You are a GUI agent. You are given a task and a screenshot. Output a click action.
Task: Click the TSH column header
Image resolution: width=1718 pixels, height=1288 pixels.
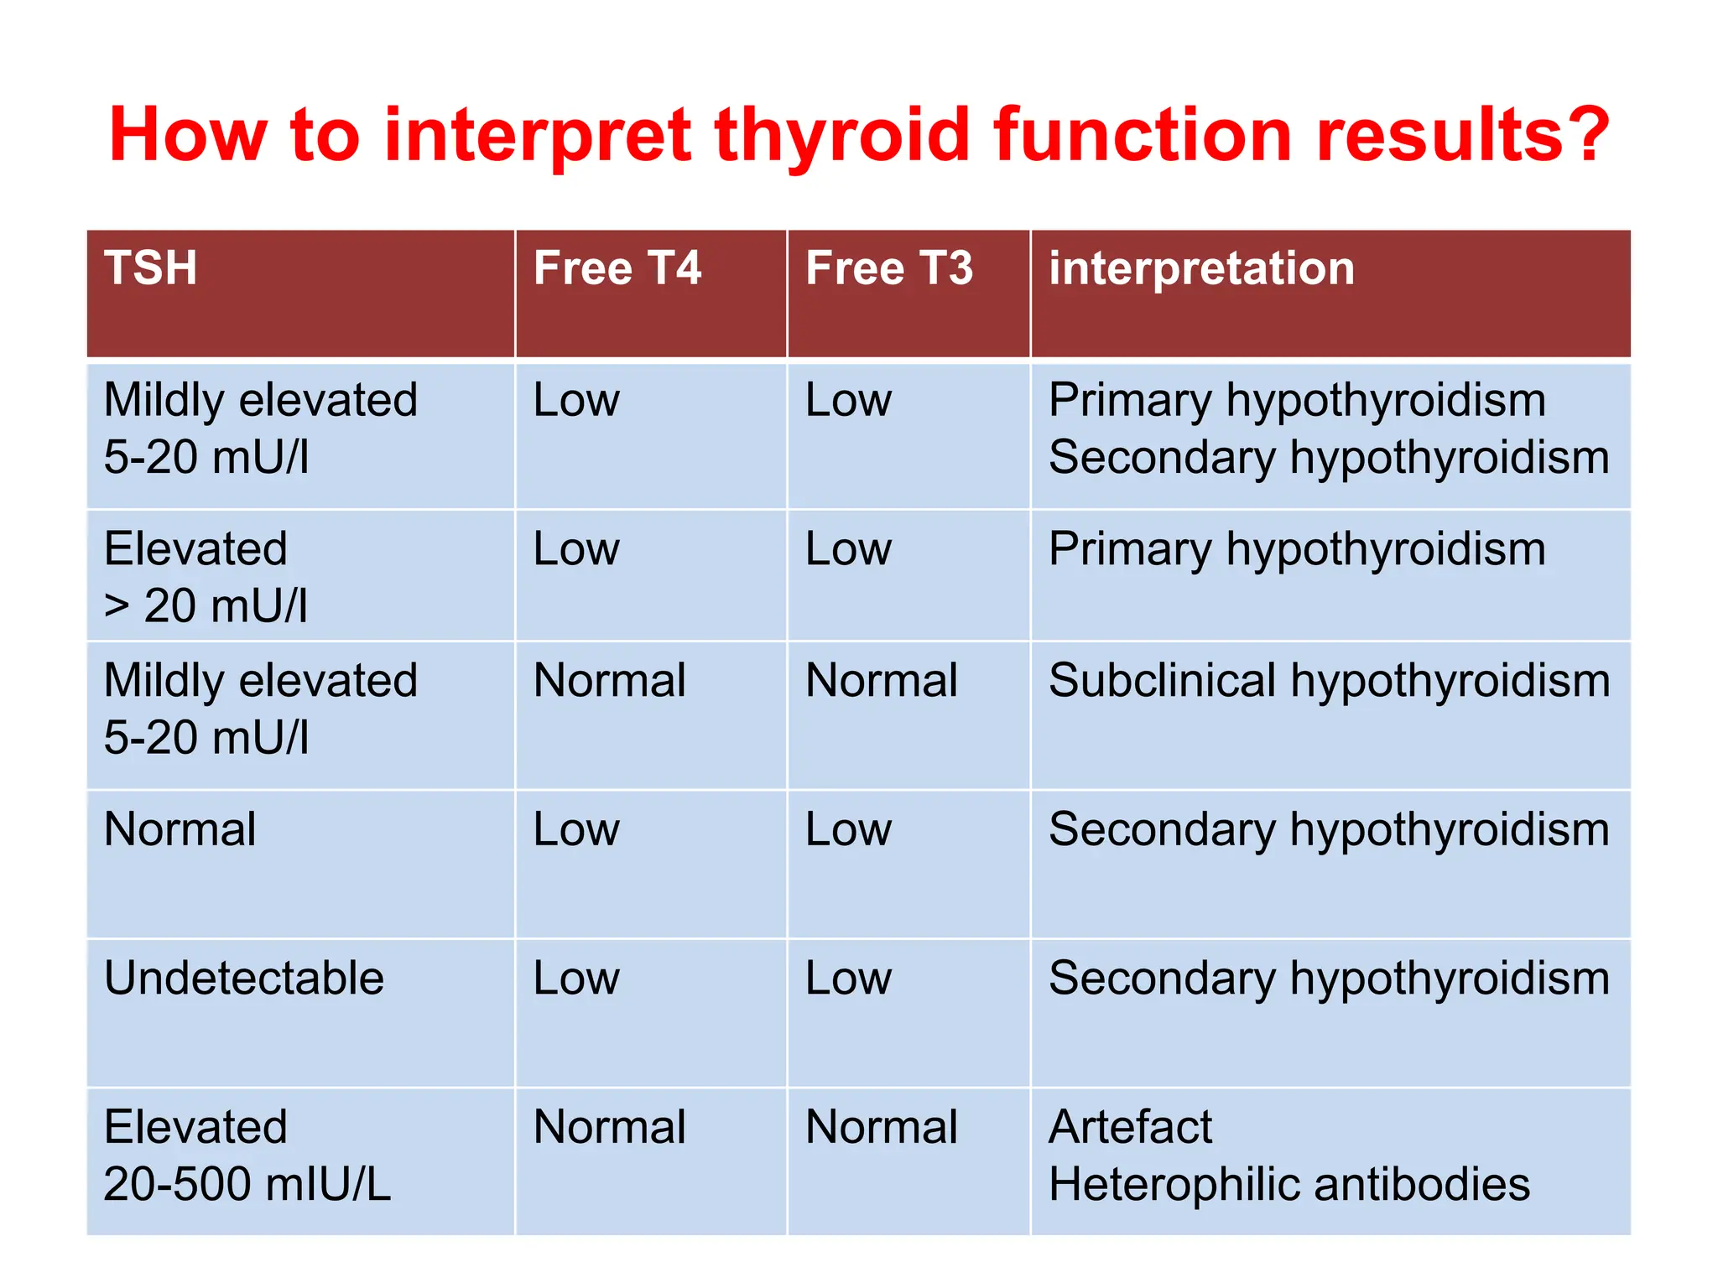point(151,268)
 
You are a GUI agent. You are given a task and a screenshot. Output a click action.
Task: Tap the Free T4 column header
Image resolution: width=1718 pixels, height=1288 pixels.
point(617,268)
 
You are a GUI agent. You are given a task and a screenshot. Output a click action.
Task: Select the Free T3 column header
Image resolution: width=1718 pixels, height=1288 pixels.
point(888,268)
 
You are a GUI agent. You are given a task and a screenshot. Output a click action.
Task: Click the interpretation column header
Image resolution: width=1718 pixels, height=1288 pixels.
point(1201,268)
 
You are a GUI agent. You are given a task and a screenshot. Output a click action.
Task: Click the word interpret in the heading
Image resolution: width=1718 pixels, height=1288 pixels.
point(538,136)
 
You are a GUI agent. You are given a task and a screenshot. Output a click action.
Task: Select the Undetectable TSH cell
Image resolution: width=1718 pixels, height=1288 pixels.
point(243,978)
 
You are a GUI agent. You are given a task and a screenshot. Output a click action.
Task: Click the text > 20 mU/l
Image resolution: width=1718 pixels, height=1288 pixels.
point(206,605)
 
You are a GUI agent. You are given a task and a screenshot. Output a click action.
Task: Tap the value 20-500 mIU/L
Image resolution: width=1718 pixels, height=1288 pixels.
point(247,1184)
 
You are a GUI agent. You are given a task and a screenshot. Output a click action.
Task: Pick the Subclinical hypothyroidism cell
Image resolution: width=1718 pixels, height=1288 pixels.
point(1329,680)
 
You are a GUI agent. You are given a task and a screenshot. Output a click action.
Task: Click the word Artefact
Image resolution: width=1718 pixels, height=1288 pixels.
point(1129,1127)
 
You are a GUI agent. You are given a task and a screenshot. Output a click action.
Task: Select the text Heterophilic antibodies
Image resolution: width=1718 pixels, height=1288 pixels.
point(1288,1184)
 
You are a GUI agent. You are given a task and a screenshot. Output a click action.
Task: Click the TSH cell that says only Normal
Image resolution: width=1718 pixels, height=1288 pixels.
point(180,829)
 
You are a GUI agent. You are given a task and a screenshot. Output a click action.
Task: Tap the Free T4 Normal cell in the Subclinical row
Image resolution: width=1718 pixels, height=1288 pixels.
point(610,680)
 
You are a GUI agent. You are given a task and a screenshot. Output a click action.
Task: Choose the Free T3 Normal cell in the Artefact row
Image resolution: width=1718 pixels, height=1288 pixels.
point(882,1127)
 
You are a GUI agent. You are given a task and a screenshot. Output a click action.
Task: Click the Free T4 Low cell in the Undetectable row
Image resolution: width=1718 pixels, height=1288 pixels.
point(576,978)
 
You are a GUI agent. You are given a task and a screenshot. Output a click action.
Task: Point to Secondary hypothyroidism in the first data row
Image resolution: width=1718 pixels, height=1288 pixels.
point(1329,458)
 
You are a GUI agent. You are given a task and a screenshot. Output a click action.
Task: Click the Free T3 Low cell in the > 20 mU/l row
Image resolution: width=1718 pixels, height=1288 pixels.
point(848,549)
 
